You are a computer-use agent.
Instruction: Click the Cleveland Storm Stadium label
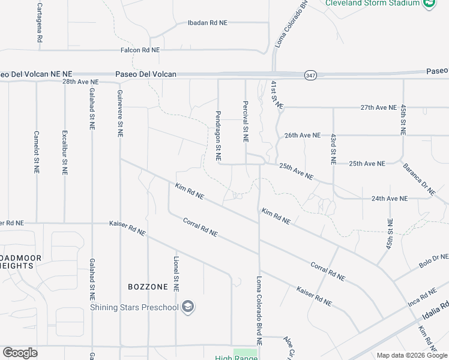(372, 3)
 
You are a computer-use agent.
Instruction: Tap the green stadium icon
(429, 4)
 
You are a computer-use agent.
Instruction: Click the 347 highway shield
(310, 75)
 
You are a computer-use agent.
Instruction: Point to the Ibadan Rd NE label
(208, 23)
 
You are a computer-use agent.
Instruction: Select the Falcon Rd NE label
(140, 50)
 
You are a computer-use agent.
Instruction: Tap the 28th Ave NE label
(80, 82)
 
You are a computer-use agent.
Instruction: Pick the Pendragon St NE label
(218, 136)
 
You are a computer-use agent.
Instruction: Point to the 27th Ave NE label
(378, 107)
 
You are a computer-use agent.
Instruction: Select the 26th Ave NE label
(303, 136)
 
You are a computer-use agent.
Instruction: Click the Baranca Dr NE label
(419, 179)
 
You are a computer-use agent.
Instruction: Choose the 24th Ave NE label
(389, 198)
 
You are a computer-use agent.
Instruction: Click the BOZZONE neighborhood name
(148, 287)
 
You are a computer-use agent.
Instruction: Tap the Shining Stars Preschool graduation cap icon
(188, 307)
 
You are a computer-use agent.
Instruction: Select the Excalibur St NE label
(64, 152)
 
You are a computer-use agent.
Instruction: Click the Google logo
(20, 353)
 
